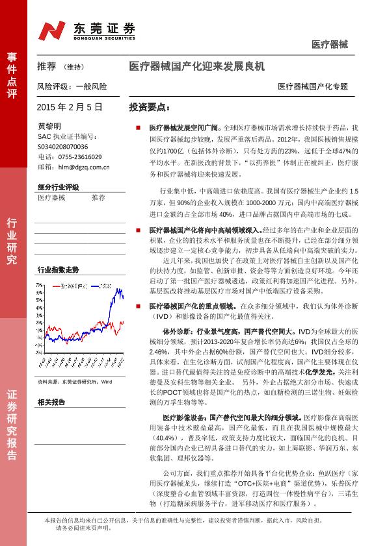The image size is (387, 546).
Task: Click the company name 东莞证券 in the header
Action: point(104,27)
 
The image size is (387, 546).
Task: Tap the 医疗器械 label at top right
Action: point(329,45)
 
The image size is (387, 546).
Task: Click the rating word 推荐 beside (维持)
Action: point(47,66)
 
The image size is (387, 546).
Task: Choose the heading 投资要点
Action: point(149,106)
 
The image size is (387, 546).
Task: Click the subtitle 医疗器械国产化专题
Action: point(312,86)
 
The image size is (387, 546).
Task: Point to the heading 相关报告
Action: point(51,403)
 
